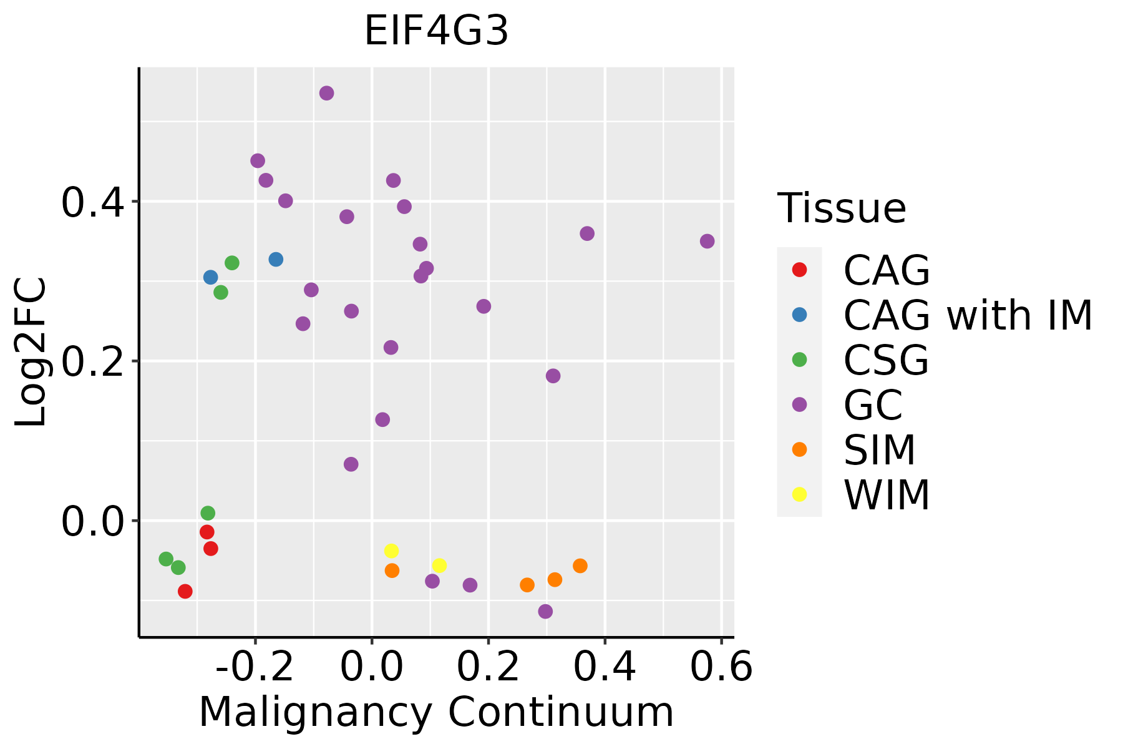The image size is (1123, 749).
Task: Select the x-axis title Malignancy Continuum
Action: pyautogui.click(x=436, y=712)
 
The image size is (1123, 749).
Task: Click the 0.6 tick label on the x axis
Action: pyautogui.click(x=721, y=667)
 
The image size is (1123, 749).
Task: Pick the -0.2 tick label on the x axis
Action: pyautogui.click(x=255, y=667)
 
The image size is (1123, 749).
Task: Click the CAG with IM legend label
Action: pyautogui.click(x=968, y=315)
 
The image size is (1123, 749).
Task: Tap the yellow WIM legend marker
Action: pyautogui.click(x=799, y=494)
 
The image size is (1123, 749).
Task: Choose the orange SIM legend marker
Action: pyautogui.click(x=799, y=449)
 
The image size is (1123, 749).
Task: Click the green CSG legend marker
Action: pyautogui.click(x=799, y=360)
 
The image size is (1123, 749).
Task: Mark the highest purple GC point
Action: pyautogui.click(x=326, y=93)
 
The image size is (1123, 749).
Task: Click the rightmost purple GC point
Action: pyautogui.click(x=707, y=241)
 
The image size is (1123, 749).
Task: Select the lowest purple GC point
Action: pyautogui.click(x=545, y=611)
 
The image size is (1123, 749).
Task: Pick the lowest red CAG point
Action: pyautogui.click(x=185, y=591)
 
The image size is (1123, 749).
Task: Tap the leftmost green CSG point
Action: pyautogui.click(x=166, y=559)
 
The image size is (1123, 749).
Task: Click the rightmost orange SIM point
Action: pyautogui.click(x=580, y=565)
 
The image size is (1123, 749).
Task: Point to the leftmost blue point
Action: pyautogui.click(x=211, y=277)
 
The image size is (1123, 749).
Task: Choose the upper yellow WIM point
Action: pyautogui.click(x=391, y=551)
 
